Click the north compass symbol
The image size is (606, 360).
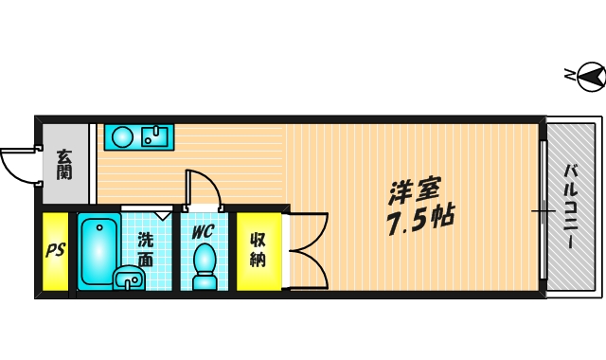coord(588,76)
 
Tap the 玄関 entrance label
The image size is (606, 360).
coord(63,164)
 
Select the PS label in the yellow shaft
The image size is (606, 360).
coord(56,251)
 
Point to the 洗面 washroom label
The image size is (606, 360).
coord(146,248)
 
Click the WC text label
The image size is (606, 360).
coord(204,231)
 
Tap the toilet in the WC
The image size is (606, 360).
coord(205,264)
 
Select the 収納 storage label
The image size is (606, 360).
coord(258,249)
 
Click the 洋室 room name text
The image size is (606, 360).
coord(415,190)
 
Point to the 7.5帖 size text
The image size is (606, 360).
coord(419,222)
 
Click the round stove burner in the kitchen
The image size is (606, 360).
coord(122,137)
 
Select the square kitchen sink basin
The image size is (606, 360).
coord(153,136)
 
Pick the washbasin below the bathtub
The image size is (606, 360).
coord(127,279)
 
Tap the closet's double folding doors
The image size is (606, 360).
coord(307,248)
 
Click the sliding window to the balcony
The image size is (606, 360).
coord(543,209)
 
